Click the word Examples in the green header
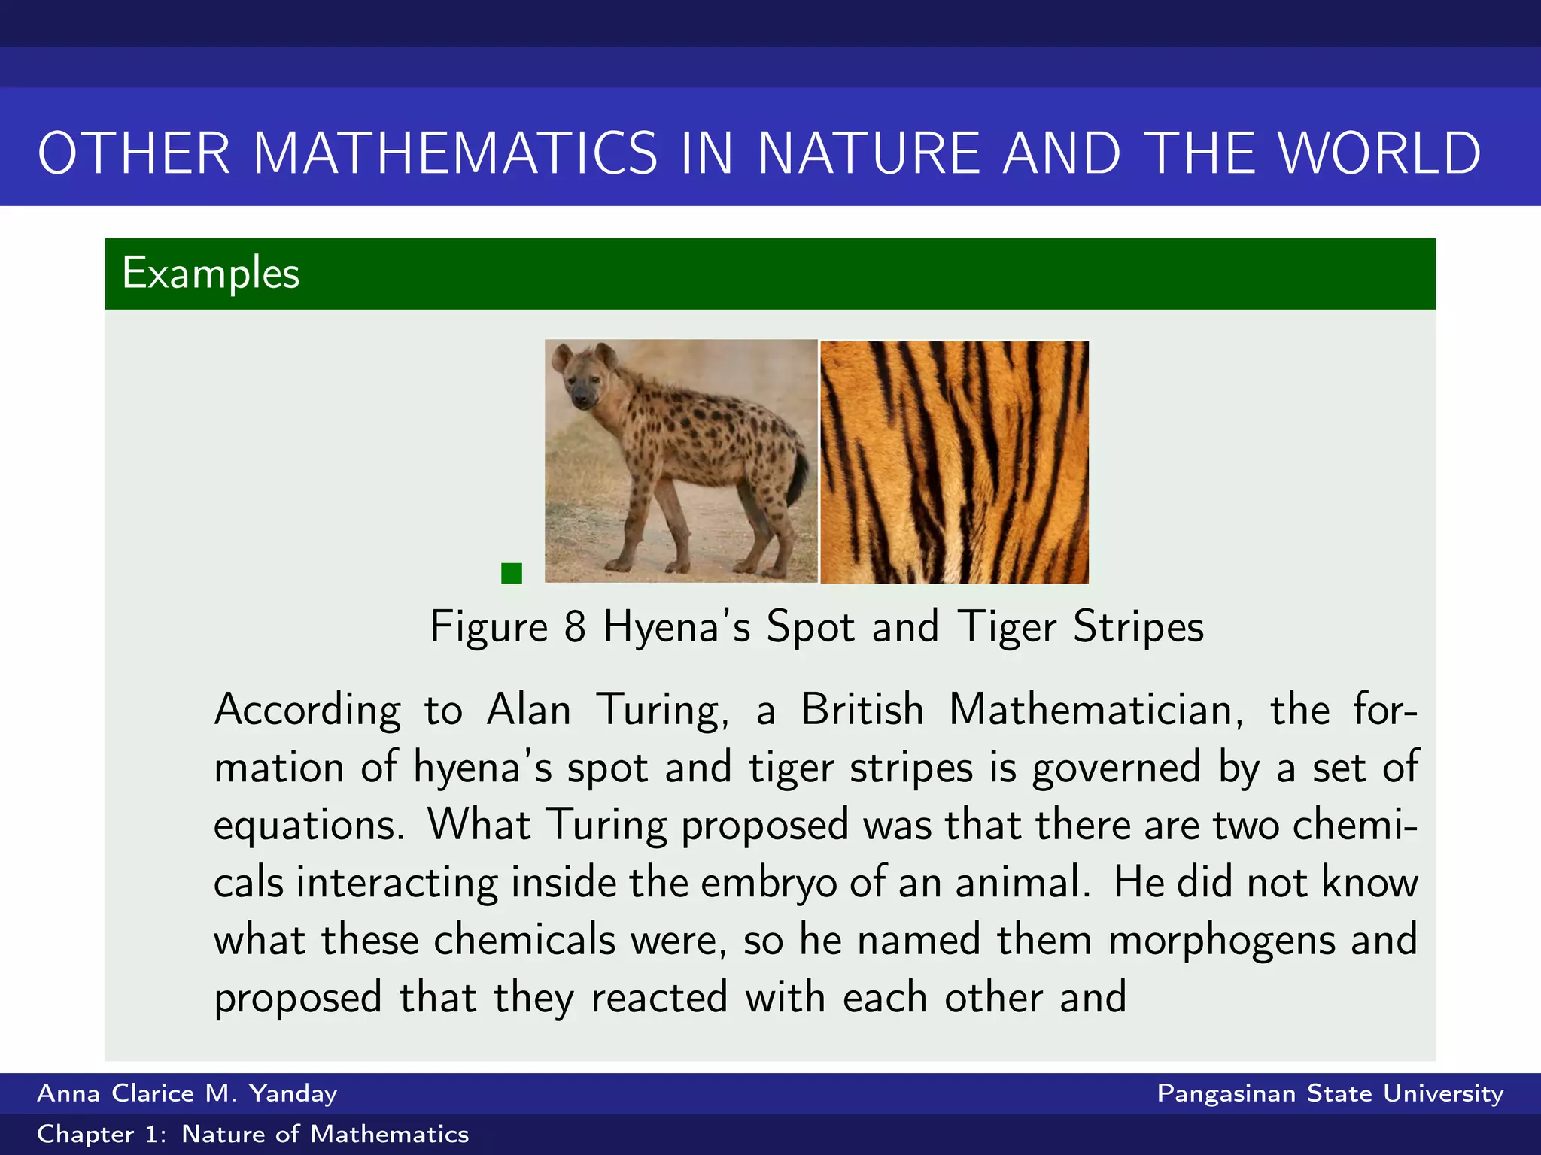pyautogui.click(x=211, y=273)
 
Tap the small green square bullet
pyautogui.click(x=512, y=573)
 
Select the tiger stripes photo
pyautogui.click(x=954, y=462)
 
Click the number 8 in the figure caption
pyautogui.click(x=575, y=626)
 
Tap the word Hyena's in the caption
pyautogui.click(x=676, y=626)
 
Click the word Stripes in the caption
pyautogui.click(x=1138, y=626)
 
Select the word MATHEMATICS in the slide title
pyautogui.click(x=456, y=153)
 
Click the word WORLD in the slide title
pyautogui.click(x=1380, y=153)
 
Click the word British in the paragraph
pyautogui.click(x=862, y=709)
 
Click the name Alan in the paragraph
pyautogui.click(x=528, y=709)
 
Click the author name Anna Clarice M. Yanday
pyautogui.click(x=187, y=1093)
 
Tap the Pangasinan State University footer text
pyautogui.click(x=1330, y=1093)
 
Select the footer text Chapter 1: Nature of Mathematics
pyautogui.click(x=253, y=1134)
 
